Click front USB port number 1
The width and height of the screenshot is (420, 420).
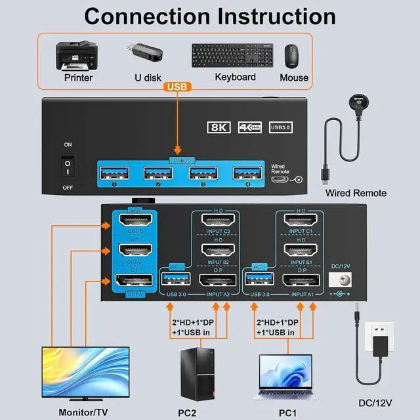coord(114,174)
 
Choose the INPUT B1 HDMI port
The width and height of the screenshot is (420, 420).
coord(301,251)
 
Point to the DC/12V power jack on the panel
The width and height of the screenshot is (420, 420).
coord(340,280)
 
